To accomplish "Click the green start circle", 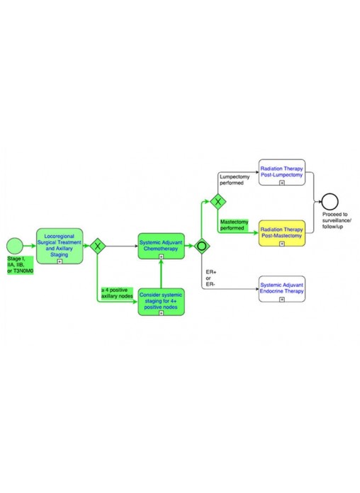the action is click(15, 246).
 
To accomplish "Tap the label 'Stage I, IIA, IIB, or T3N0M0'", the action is click(20, 265).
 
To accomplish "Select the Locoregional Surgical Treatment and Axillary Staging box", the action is click(60, 246).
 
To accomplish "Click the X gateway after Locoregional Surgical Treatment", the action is click(98, 246).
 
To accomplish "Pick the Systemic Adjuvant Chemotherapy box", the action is click(161, 246).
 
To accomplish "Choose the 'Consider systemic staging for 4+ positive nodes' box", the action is click(161, 302).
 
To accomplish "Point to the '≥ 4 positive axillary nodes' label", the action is click(117, 293).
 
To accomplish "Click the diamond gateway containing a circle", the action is click(202, 246).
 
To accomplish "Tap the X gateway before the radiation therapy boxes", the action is click(218, 202).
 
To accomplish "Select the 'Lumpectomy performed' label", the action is click(235, 180).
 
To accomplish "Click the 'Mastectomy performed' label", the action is click(234, 225).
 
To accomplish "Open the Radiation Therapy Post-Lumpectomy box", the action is click(282, 172).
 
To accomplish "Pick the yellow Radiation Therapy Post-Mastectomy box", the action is click(282, 233).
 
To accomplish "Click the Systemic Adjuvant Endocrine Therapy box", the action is click(282, 289).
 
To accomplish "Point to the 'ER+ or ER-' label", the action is click(211, 278).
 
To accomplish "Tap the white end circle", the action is click(330, 202).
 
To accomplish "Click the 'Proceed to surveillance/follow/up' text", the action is click(337, 220).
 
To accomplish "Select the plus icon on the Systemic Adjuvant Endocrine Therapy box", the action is click(282, 300).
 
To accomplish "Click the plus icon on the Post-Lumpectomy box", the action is click(282, 183).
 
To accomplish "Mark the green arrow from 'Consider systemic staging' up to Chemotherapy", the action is click(161, 274).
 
